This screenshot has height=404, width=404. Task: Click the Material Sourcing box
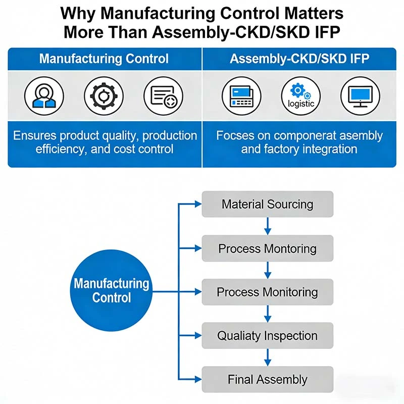tap(267, 205)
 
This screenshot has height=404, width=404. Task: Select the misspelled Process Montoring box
tap(267, 248)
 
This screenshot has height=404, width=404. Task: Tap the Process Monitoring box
tap(267, 292)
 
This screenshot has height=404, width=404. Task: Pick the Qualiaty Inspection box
tap(267, 336)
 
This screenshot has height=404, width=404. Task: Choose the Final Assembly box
tap(267, 380)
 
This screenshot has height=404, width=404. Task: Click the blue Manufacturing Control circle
tap(112, 290)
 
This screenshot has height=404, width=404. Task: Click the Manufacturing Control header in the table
tap(104, 59)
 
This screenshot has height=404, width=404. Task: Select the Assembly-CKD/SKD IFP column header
tap(299, 59)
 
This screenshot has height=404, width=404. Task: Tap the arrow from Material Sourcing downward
tap(268, 226)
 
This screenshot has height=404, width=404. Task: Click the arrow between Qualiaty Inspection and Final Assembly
tap(268, 358)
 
